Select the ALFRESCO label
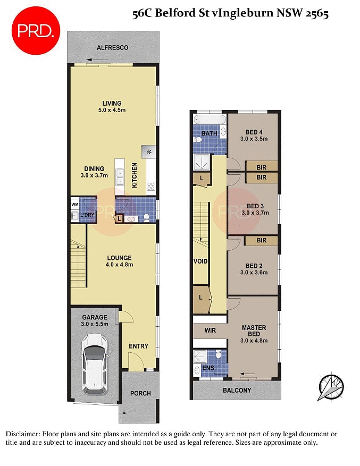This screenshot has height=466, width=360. (x=112, y=48)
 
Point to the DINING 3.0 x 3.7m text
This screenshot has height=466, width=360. (x=94, y=172)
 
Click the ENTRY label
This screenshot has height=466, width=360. (x=138, y=346)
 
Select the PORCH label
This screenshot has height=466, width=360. (x=140, y=394)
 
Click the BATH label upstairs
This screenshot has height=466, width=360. (x=210, y=133)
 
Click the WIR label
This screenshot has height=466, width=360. (x=210, y=330)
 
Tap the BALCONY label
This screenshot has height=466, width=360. (x=237, y=391)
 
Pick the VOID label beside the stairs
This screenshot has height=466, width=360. (x=200, y=261)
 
